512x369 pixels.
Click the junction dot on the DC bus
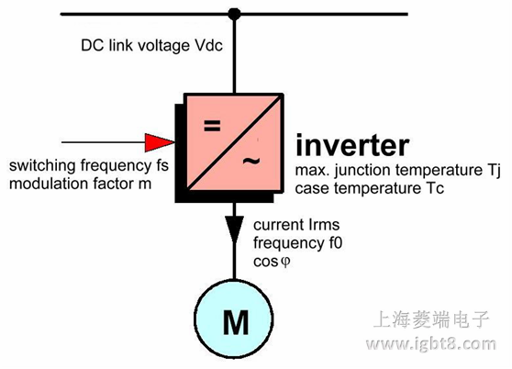click(235, 14)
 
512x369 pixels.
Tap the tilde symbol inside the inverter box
click(250, 162)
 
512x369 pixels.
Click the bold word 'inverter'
click(352, 145)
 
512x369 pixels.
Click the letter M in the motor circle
click(235, 321)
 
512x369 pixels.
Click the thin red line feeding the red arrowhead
click(101, 141)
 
